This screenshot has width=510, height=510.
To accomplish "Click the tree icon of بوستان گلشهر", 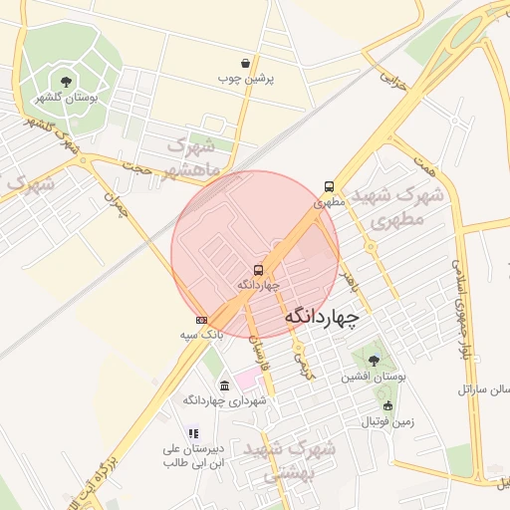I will click(66, 82).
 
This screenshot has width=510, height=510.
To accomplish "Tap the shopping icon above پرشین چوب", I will click(245, 63).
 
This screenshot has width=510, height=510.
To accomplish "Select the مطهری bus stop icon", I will click(329, 186).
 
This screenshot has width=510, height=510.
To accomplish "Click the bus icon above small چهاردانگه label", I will click(259, 270).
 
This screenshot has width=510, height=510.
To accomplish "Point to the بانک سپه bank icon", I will click(202, 320).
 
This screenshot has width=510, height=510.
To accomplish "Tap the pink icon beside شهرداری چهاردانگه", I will click(225, 384).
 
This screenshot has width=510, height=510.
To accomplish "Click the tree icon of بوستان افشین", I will click(374, 361).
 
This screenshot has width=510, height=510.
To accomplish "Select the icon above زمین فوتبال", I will click(387, 405).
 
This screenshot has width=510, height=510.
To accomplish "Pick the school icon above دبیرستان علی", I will click(193, 433).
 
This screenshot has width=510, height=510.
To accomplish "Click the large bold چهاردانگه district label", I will click(321, 317).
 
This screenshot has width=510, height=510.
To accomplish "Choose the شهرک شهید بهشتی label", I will click(303, 461).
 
